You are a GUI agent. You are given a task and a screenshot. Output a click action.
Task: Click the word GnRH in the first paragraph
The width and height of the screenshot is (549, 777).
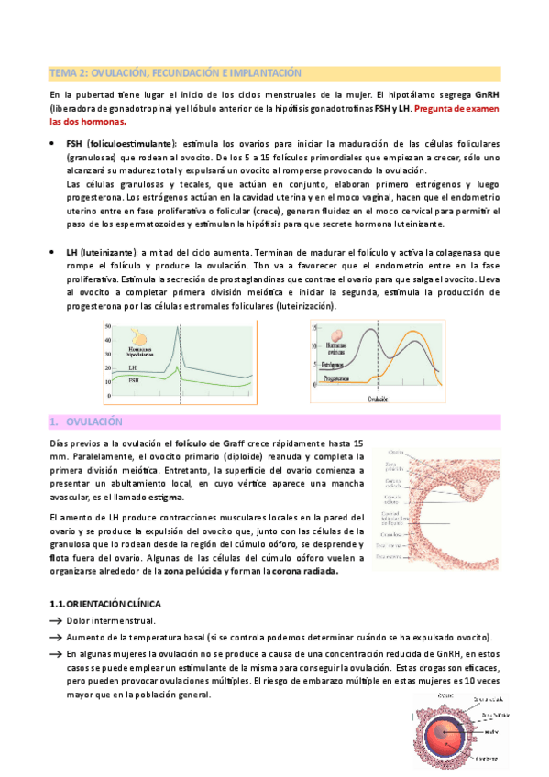coord(488,95)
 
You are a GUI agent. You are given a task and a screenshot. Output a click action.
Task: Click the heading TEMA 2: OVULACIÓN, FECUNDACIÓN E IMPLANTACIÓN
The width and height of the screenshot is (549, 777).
coord(174,72)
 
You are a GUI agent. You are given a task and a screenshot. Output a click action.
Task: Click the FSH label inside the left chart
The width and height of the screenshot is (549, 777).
coord(134,379)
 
